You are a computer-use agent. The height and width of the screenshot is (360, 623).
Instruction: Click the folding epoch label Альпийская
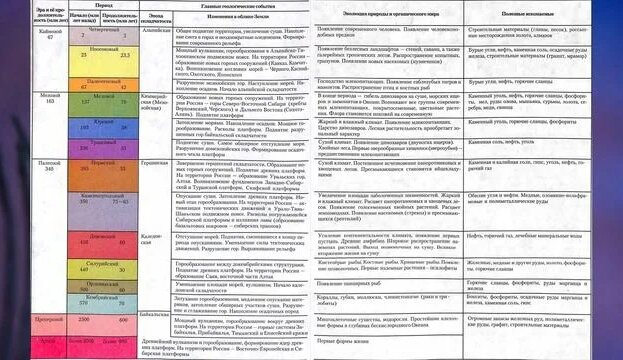pyautogui.click(x=156, y=31)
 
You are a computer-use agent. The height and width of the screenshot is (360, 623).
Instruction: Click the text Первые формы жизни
pyautogui.click(x=345, y=346)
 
